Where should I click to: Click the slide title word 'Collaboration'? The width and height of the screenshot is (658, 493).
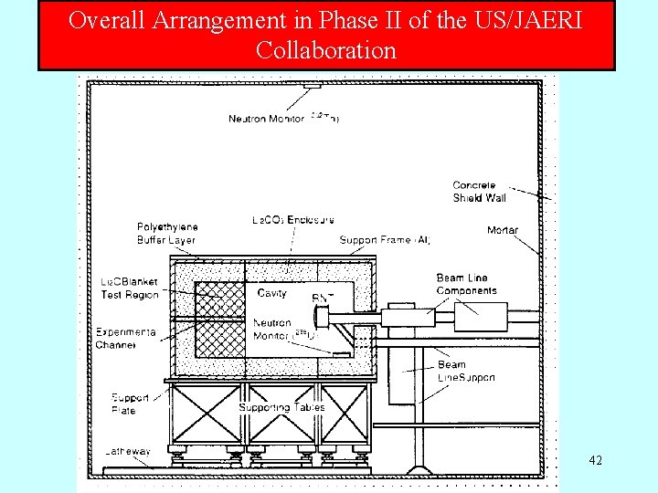coord(326,50)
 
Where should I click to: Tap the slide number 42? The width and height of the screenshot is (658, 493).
coord(595,460)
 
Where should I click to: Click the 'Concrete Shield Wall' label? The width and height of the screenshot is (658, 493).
coord(479,192)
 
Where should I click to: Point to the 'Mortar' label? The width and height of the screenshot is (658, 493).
coord(502,231)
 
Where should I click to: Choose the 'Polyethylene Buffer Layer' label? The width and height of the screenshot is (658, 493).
coord(167,234)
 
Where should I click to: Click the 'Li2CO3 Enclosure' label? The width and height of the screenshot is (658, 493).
coord(292,220)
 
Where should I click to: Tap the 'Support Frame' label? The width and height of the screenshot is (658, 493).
coord(385,240)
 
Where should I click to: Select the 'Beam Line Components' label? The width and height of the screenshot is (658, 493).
coord(466,284)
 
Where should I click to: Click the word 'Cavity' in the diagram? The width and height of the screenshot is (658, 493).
coord(272,293)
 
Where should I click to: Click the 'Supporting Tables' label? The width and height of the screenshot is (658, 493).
coord(281,407)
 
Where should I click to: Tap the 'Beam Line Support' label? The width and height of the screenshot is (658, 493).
coord(466,371)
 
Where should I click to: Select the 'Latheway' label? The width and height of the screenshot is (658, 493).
coord(127,452)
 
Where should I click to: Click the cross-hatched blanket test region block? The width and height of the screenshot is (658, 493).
coord(220,320)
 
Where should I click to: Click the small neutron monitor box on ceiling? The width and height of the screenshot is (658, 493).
coord(313,85)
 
